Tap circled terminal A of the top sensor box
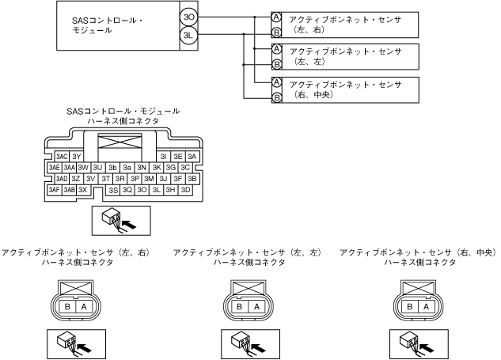pos(276,17)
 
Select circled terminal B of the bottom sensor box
pos(276,97)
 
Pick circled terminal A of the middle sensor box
pos(276,49)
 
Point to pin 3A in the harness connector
pos(191,157)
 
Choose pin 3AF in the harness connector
pos(55,190)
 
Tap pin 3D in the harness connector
pos(185,190)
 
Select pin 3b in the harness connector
pos(112,168)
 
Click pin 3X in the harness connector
pos(82,190)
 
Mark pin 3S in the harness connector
pos(114,190)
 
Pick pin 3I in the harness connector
pos(163,157)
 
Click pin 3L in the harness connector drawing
pos(157,190)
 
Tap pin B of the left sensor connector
pos(67,306)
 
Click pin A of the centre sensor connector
pos(254,306)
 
